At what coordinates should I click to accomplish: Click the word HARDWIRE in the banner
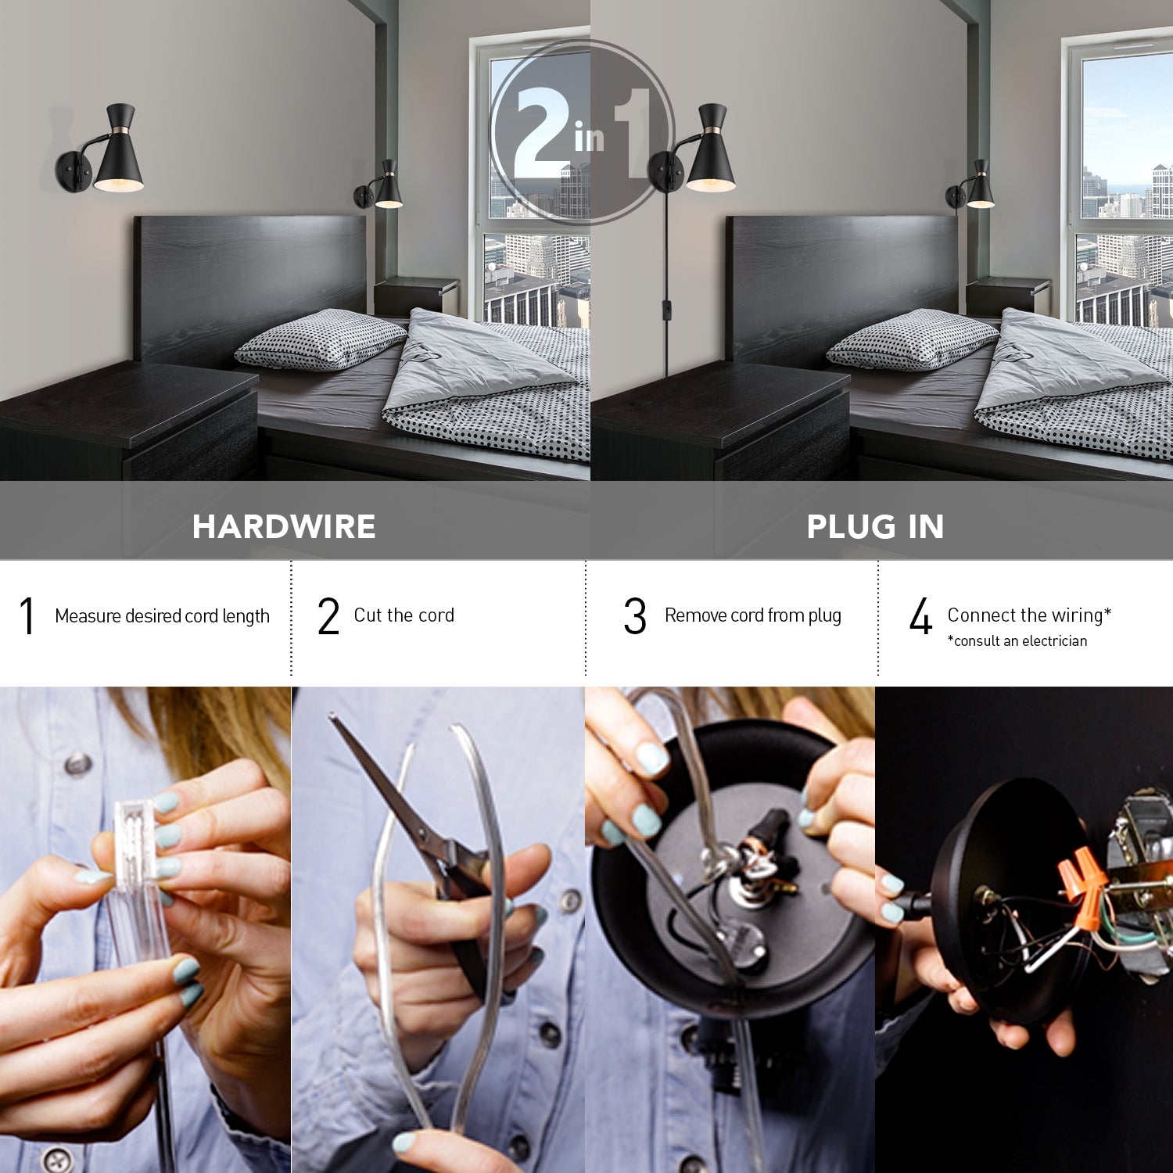[x=284, y=526]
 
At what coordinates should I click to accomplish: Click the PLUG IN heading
[x=875, y=526]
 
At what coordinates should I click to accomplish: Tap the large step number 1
[x=27, y=615]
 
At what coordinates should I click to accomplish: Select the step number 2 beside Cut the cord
[x=328, y=616]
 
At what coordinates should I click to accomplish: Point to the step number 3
[x=635, y=616]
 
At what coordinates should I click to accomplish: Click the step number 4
[x=921, y=616]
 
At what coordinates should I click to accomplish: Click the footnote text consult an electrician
[x=1018, y=641]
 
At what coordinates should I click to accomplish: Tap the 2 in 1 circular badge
[x=582, y=133]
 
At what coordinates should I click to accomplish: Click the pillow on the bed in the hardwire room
[x=321, y=338]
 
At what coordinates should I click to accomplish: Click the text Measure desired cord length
[x=162, y=616]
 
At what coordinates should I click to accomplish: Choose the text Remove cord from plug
[x=752, y=615]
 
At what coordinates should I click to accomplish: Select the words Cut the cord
[x=404, y=615]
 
